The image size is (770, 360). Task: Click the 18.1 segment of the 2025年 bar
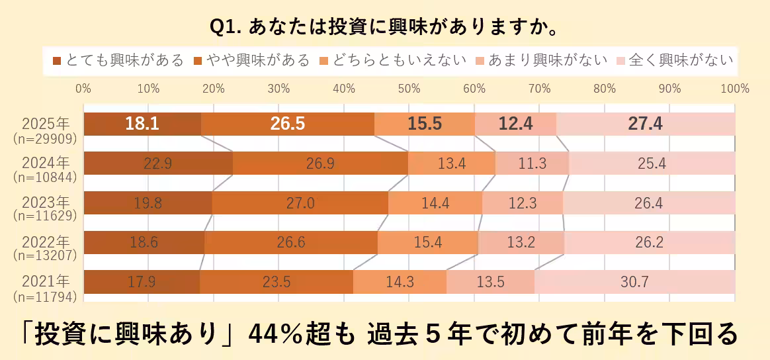click(x=142, y=124)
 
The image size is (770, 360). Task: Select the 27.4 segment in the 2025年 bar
click(x=646, y=124)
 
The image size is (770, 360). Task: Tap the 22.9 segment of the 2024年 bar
click(x=158, y=163)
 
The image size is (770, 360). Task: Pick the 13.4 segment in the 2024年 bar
click(x=452, y=163)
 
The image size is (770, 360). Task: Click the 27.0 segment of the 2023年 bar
click(x=300, y=203)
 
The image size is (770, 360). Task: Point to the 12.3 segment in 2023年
click(x=523, y=203)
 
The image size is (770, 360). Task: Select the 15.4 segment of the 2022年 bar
click(x=427, y=242)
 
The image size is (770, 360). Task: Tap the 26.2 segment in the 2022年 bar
click(x=649, y=242)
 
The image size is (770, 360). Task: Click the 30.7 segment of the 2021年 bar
click(x=634, y=282)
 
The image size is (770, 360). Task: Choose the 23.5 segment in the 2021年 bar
click(x=277, y=282)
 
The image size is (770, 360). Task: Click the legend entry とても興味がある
click(x=118, y=61)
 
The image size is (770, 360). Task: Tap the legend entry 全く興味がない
click(x=675, y=61)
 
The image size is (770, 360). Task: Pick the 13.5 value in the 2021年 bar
click(x=490, y=282)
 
